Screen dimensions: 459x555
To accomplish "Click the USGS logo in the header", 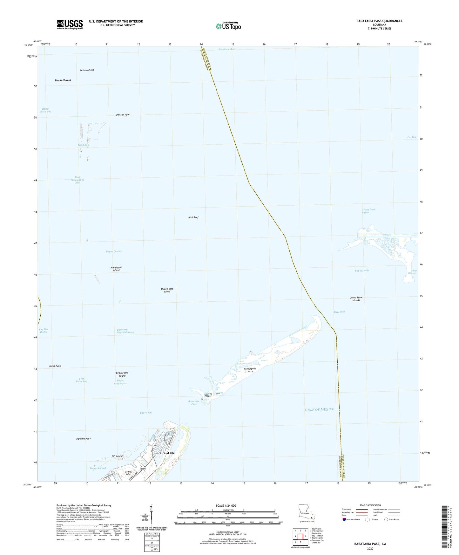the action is (x=70, y=24).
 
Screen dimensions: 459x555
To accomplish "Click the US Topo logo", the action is (x=228, y=26).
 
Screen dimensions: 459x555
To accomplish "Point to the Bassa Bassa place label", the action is (x=63, y=80).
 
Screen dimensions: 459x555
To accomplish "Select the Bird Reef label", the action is (x=193, y=217).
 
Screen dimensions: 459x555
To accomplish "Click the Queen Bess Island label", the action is (x=167, y=290).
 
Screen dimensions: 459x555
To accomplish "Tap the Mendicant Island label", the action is (x=116, y=269).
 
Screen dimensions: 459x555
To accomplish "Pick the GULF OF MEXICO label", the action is (x=320, y=409).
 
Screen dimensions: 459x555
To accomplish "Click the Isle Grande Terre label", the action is (x=250, y=370).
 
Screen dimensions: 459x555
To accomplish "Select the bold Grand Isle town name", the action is (x=167, y=453).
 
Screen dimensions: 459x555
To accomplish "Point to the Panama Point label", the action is (x=84, y=439).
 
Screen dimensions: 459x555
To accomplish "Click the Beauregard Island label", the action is (x=122, y=374).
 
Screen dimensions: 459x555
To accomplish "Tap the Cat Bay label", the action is (x=412, y=137).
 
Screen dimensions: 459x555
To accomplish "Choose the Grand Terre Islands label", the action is (x=356, y=299).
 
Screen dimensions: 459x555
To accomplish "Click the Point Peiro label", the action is (x=55, y=366).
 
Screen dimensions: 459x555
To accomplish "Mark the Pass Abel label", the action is (x=339, y=312).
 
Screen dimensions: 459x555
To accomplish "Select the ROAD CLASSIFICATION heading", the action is (x=370, y=505).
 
